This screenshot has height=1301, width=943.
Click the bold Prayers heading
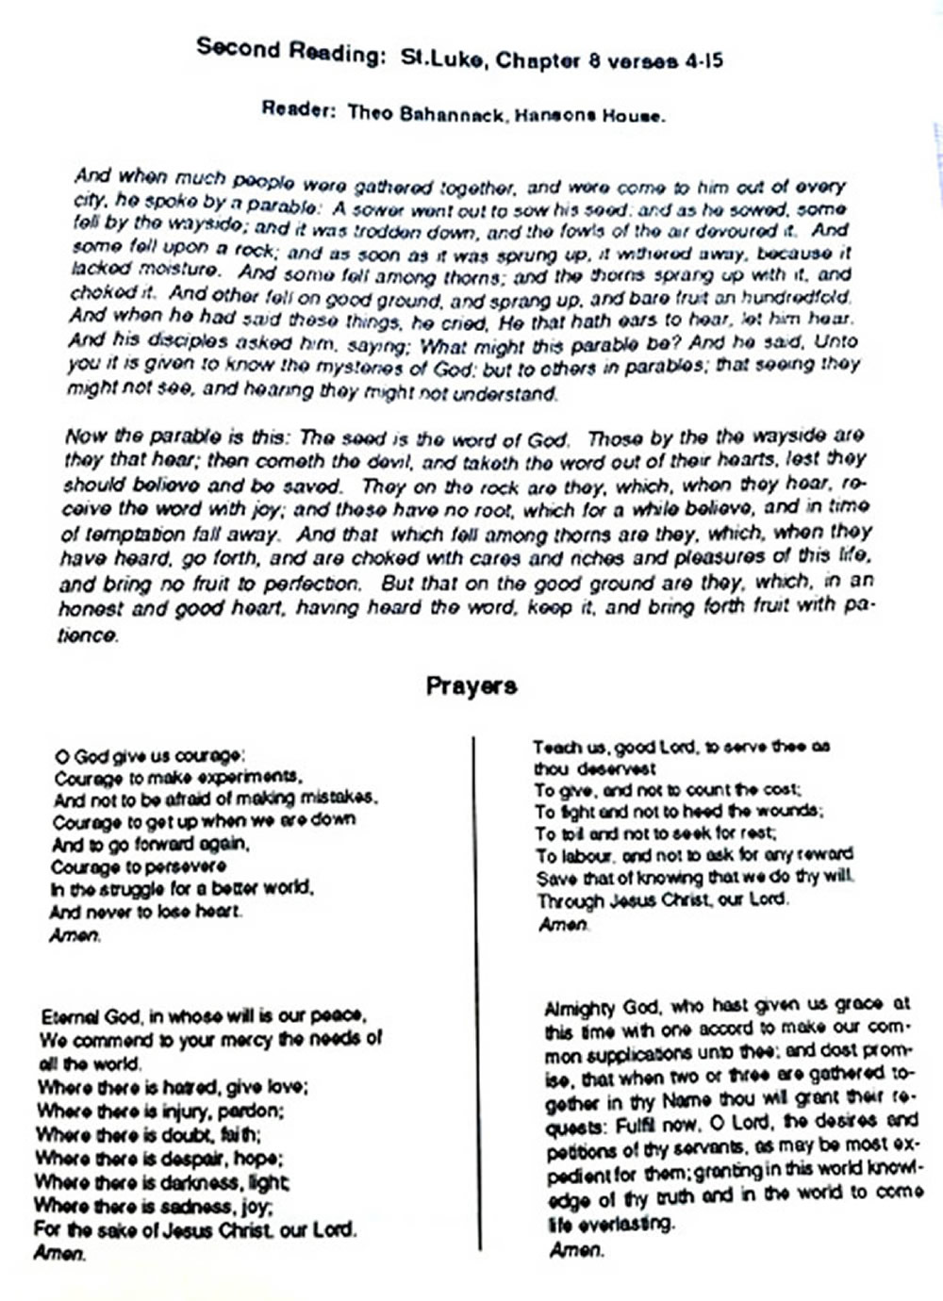(x=471, y=685)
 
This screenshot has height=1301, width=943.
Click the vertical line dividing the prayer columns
(x=476, y=990)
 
